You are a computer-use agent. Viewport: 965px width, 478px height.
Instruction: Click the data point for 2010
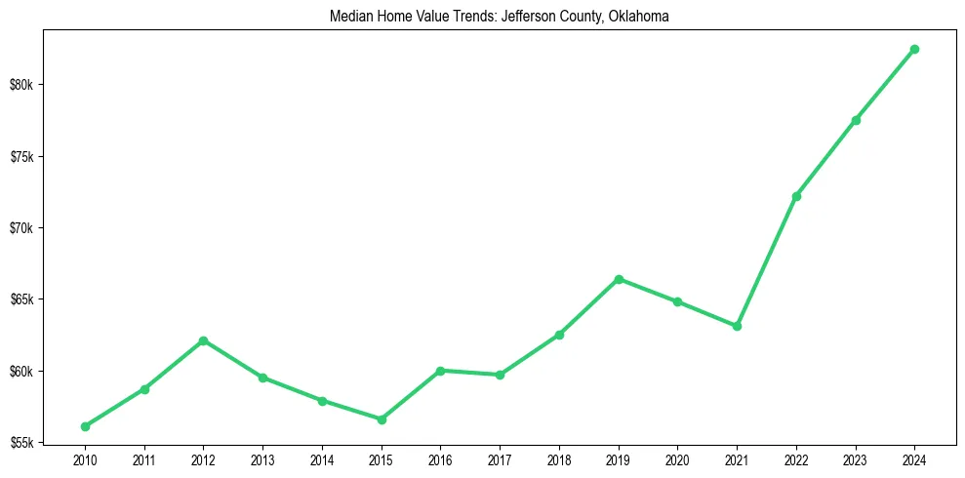(85, 426)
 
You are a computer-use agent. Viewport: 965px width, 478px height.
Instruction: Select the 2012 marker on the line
(203, 340)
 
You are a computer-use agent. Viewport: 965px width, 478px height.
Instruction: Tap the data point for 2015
(381, 419)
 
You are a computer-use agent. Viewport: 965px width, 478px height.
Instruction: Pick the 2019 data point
(619, 279)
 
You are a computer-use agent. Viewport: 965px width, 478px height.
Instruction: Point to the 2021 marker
(737, 326)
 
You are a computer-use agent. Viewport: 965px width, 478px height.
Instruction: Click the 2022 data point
(796, 196)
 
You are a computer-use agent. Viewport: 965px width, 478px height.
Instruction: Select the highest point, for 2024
(914, 49)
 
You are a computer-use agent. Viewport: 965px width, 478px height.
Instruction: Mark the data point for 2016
(440, 371)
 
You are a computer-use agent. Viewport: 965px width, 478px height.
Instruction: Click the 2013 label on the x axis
(262, 458)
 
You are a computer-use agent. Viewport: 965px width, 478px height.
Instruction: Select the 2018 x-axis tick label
(559, 458)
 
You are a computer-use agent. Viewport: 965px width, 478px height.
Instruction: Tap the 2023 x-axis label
(855, 458)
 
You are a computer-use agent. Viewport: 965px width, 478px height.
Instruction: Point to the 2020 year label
(677, 458)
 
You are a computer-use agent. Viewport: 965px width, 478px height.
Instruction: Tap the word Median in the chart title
(354, 17)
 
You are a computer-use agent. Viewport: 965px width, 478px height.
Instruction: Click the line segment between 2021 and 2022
(767, 260)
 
